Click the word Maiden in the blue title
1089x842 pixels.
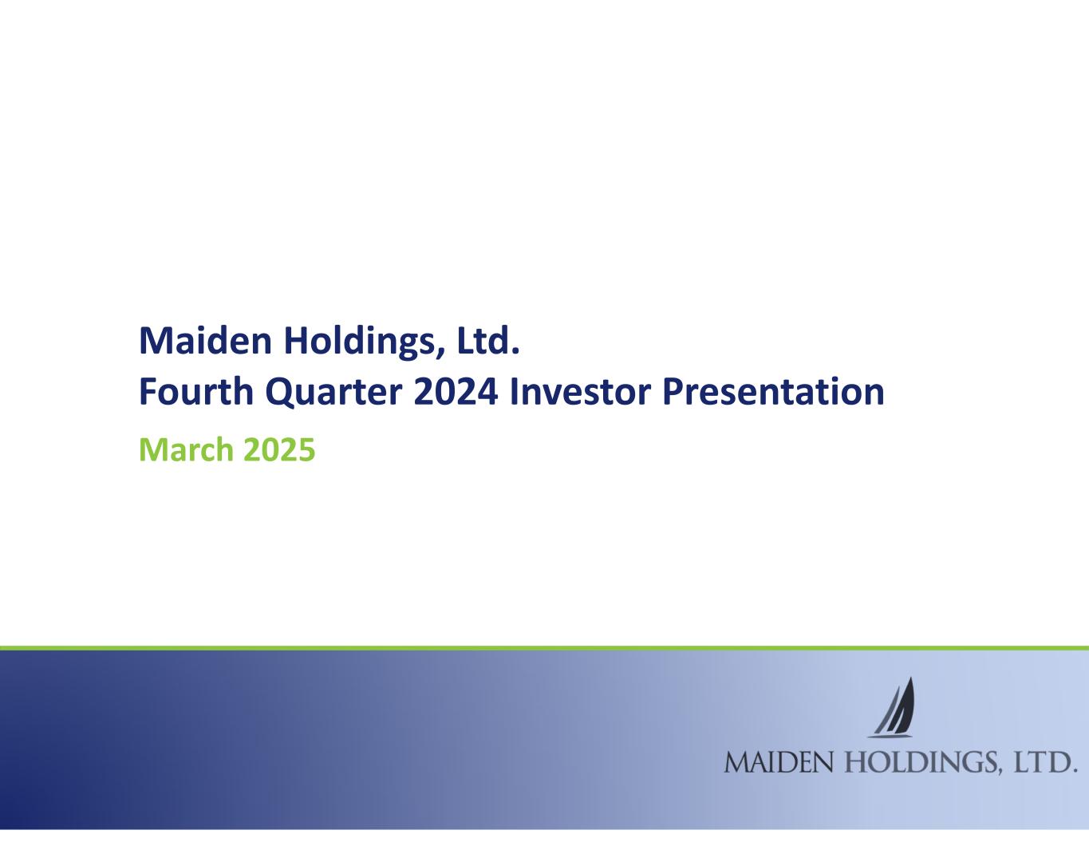tap(206, 341)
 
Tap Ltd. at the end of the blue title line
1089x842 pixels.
tap(488, 340)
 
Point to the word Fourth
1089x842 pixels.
tap(196, 391)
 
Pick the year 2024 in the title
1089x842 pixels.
tap(456, 392)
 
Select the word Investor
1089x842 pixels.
tap(580, 391)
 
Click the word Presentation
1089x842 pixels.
tap(773, 391)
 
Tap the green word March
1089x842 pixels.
tap(186, 449)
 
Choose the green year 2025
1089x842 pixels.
tap(279, 449)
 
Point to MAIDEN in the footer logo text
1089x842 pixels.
tap(779, 763)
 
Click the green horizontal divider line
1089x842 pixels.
tap(544, 648)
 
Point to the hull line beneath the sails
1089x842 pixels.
tap(890, 737)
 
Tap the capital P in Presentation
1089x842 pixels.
tap(673, 391)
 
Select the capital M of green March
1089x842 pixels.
tap(152, 449)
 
